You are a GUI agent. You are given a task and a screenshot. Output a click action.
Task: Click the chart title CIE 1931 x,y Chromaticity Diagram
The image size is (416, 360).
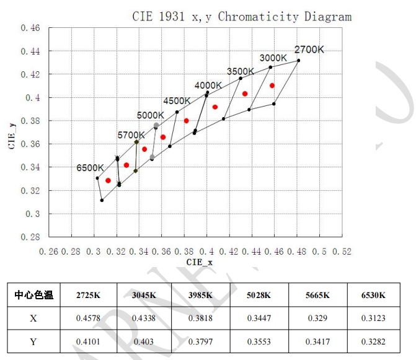[x=242, y=16]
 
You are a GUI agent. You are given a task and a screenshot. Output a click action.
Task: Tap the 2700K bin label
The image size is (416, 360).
[x=309, y=50]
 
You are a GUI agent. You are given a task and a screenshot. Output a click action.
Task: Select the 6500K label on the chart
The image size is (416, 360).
[x=90, y=168]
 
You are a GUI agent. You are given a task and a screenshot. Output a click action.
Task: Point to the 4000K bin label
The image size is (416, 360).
[x=208, y=86]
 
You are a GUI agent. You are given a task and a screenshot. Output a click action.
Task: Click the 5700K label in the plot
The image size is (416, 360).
[x=131, y=134]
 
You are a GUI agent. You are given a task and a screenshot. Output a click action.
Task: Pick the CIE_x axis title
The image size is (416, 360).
[x=200, y=263]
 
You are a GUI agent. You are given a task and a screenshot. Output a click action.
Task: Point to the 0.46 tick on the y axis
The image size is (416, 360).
[x=30, y=29]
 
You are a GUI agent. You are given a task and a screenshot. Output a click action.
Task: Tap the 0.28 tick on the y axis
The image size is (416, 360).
[x=30, y=237]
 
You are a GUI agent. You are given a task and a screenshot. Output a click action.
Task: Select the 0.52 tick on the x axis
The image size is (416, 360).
[x=342, y=252]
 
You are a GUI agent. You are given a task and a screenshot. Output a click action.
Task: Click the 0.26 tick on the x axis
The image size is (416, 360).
[x=48, y=252]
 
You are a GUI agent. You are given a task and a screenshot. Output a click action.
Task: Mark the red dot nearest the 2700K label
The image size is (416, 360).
[x=272, y=86]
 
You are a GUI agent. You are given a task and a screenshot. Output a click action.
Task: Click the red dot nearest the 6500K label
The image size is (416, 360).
[x=108, y=180]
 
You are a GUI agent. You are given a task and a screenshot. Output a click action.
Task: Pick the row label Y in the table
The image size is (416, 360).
[x=33, y=340]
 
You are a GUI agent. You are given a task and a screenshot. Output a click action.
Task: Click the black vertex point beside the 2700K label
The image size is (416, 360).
[x=298, y=60]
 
